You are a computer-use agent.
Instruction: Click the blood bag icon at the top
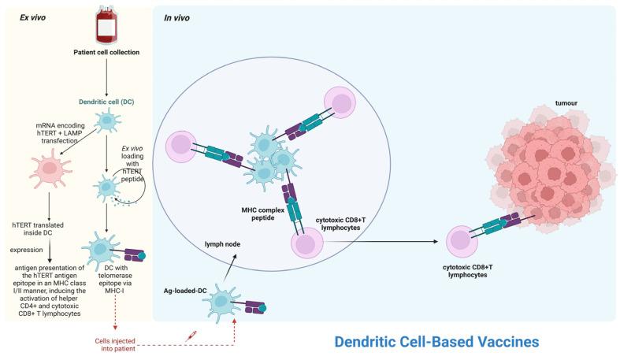[x=106, y=25]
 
